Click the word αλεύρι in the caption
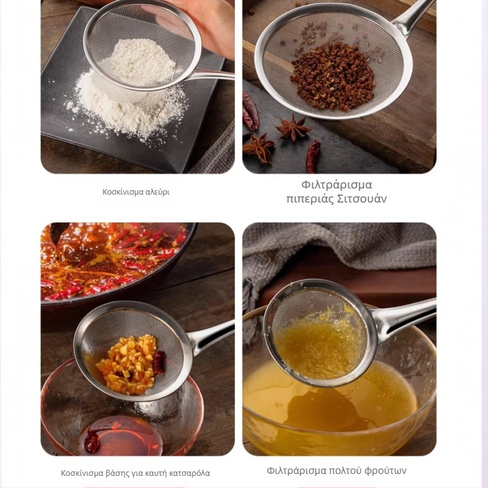point(157,192)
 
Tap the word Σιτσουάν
point(362,199)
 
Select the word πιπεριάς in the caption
point(310,199)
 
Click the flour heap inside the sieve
point(142,62)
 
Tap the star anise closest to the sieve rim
point(293,127)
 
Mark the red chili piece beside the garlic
point(159,362)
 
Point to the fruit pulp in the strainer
point(321,345)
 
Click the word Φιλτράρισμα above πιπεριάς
point(337,185)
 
